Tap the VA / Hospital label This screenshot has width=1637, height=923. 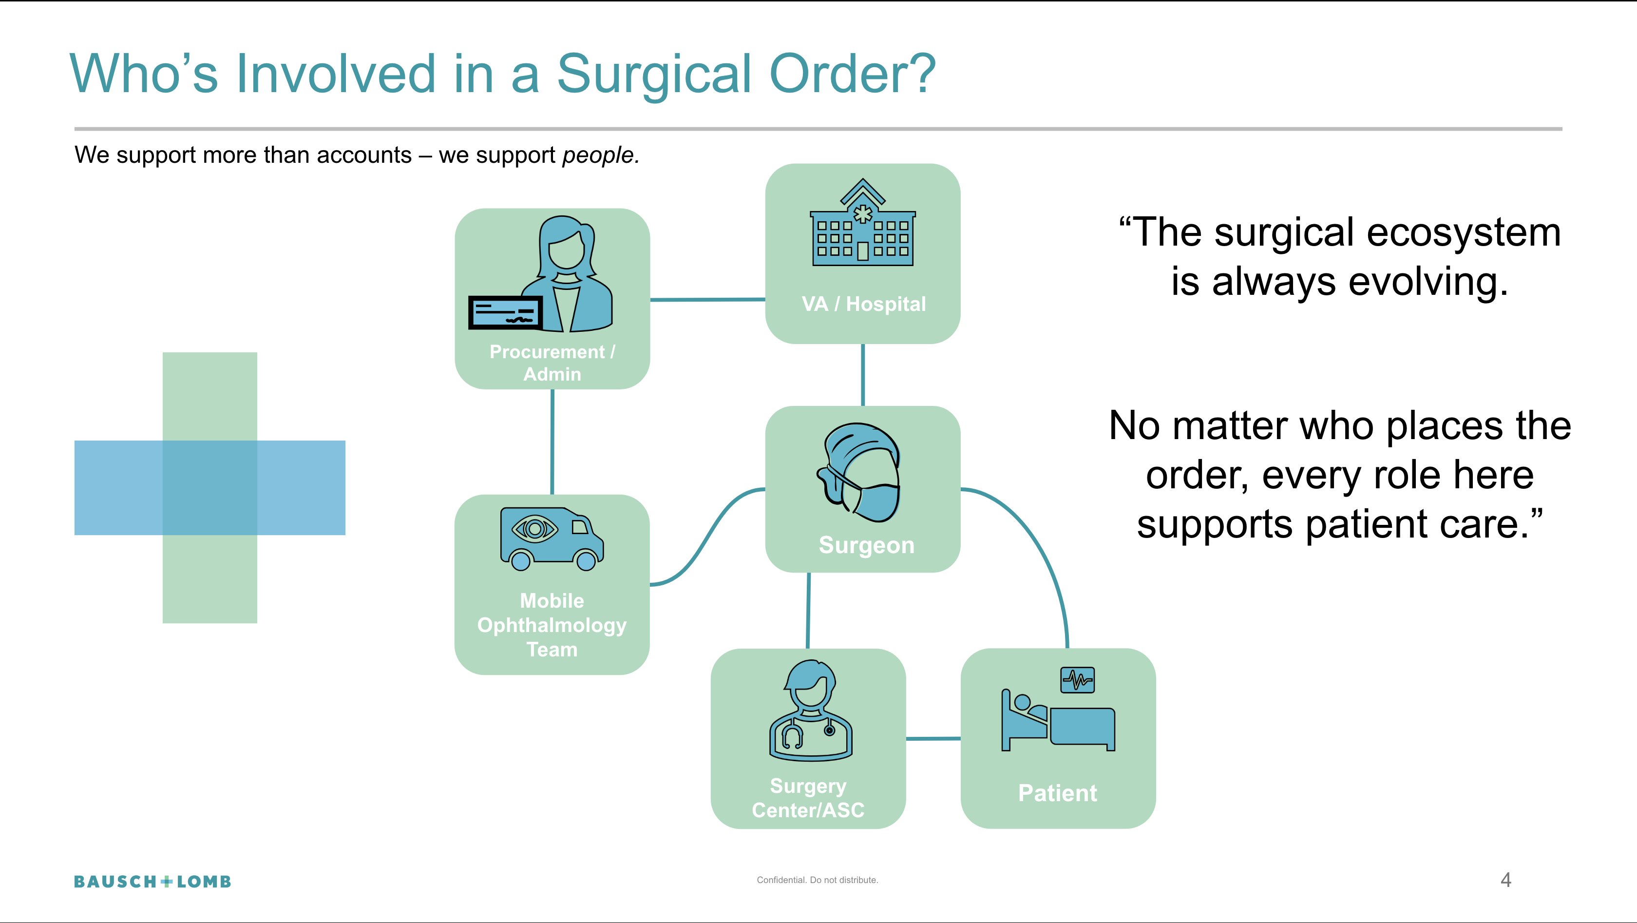(863, 304)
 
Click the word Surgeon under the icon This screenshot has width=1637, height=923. (866, 545)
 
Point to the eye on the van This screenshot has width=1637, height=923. (534, 528)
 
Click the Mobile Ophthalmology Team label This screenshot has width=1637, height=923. (552, 625)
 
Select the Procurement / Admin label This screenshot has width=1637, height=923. (552, 363)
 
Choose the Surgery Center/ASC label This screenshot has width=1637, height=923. (808, 798)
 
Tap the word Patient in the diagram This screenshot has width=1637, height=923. (1057, 793)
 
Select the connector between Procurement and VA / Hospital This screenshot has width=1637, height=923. (707, 299)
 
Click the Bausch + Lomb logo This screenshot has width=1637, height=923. (152, 882)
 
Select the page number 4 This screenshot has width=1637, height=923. (1505, 880)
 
